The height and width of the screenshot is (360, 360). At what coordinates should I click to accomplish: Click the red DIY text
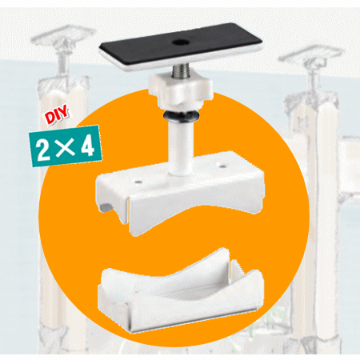57,114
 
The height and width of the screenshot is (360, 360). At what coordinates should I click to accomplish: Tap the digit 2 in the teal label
44,150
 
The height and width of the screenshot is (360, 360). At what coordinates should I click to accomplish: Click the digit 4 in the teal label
87,146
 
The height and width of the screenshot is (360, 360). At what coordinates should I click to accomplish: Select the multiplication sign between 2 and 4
66,147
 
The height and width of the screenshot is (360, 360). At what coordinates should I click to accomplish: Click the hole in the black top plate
179,42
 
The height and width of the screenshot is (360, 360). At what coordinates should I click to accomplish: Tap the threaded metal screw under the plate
180,71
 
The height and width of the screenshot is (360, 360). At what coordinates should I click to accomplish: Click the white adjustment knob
181,91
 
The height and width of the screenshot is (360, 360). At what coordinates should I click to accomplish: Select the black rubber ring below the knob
182,116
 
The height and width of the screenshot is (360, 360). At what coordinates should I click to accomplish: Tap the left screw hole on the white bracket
138,182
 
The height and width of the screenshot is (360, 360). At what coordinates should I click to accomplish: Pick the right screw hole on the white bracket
222,166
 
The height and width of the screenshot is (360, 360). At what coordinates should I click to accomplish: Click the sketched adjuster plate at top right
311,55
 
